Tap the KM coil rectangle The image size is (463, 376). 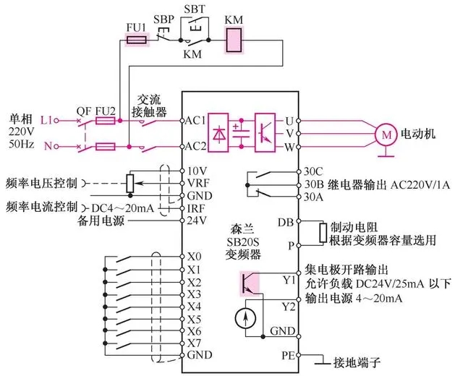pyautogui.click(x=234, y=41)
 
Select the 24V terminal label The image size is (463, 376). pyautogui.click(x=196, y=221)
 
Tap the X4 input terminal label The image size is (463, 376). pyautogui.click(x=194, y=307)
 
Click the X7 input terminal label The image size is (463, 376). pyautogui.click(x=194, y=343)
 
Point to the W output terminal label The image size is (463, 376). pyautogui.click(x=290, y=146)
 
